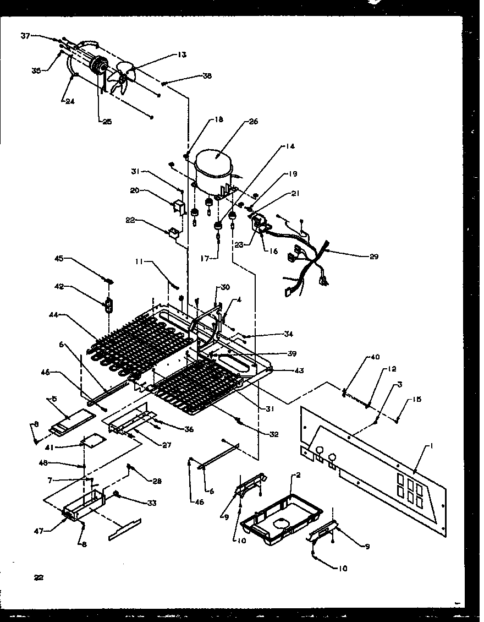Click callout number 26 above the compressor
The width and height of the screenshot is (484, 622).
[253, 122]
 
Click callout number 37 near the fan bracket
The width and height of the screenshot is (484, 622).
[25, 36]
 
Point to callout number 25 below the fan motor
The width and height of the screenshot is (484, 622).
[106, 122]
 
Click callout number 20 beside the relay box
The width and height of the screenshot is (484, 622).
[134, 190]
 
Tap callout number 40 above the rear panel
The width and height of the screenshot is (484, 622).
[375, 358]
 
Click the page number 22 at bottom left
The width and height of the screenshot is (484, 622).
[38, 577]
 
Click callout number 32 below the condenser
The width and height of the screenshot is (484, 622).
[274, 434]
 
